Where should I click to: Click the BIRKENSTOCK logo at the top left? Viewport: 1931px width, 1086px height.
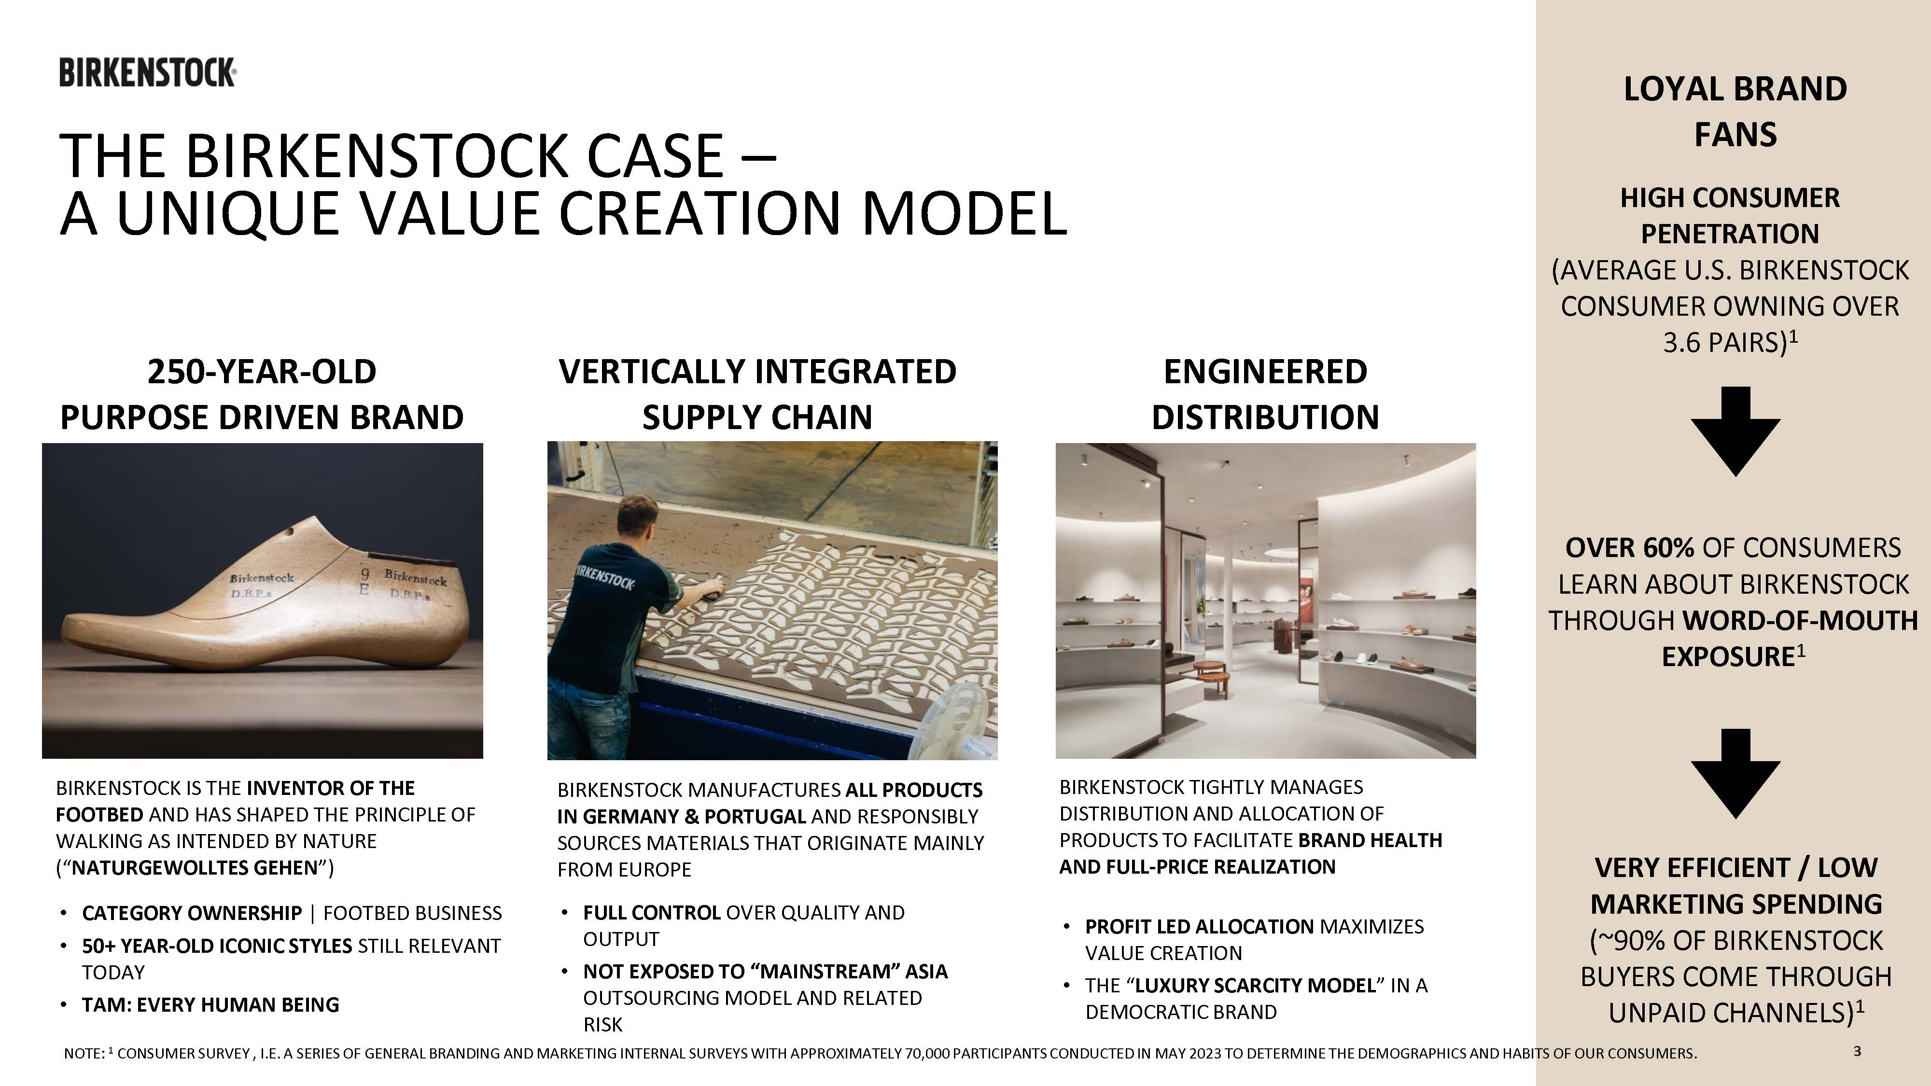148,73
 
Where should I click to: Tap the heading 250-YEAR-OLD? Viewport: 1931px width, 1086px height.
262,372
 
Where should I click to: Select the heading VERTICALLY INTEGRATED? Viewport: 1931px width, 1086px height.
757,372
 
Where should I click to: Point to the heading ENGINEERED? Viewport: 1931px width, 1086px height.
1265,372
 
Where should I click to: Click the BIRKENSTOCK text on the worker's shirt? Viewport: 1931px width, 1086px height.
604,578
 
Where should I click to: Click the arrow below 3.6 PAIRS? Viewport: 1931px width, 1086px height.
1735,431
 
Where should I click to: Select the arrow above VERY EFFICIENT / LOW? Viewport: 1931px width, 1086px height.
1735,773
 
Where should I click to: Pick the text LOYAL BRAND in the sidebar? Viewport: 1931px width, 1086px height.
1735,89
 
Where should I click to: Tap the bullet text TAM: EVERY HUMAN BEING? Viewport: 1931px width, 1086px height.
210,1004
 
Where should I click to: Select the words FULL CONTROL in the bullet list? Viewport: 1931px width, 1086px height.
651,912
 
